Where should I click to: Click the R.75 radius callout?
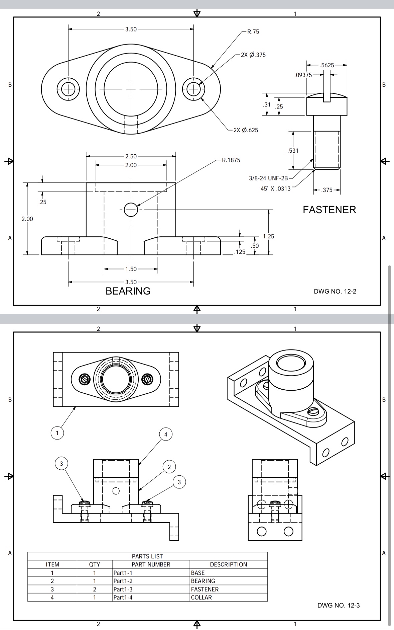click(x=253, y=32)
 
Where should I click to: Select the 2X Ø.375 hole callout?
click(x=253, y=55)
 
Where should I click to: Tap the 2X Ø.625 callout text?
click(x=246, y=130)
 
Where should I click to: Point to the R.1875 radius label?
click(x=231, y=160)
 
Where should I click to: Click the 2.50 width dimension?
click(x=131, y=156)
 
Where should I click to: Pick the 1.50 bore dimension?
click(x=131, y=269)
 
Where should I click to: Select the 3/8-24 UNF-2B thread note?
click(x=268, y=178)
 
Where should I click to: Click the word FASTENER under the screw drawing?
click(x=329, y=210)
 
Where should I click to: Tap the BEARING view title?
click(x=128, y=291)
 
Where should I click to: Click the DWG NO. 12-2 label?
click(x=335, y=291)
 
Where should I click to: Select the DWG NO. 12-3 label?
click(x=338, y=605)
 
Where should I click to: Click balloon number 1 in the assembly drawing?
click(x=57, y=433)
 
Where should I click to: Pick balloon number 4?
click(x=166, y=435)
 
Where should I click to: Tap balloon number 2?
click(x=169, y=467)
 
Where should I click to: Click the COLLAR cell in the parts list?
click(x=201, y=597)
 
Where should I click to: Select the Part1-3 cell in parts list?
click(x=123, y=589)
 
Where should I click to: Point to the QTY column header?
click(x=95, y=564)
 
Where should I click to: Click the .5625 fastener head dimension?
click(x=327, y=65)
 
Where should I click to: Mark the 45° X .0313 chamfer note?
click(x=275, y=188)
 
